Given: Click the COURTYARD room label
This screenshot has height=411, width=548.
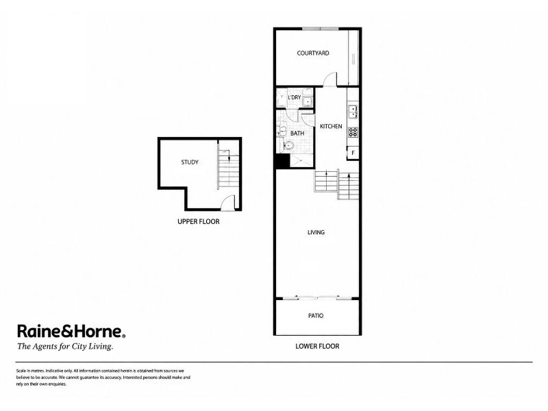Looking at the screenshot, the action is point(313,53).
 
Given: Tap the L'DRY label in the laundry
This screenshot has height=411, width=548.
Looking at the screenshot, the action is point(295,97).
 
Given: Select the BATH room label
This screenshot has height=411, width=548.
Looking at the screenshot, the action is point(297,133).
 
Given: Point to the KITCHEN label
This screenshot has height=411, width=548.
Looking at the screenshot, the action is point(331,126).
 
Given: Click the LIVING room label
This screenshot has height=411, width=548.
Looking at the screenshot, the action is point(316,232).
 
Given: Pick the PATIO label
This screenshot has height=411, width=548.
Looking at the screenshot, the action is point(316,316).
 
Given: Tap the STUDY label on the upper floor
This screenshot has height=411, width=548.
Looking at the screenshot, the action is point(190,162).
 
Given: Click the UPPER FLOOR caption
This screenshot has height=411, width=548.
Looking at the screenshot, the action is point(199,221).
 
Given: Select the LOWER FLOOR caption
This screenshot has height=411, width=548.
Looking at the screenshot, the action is point(317,347).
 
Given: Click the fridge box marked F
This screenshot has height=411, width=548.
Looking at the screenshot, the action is point(353,153).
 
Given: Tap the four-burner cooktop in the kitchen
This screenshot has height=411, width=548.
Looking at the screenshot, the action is point(353,132).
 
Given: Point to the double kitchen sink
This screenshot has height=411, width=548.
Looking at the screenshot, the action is point(353,112).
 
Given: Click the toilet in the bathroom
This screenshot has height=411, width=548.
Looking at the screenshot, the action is point(288,145).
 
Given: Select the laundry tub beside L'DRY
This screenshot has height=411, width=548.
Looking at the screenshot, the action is point(308,101).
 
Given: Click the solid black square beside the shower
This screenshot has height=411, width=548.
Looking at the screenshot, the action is point(283,162).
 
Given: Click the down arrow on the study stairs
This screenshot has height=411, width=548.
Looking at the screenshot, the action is point(229,155).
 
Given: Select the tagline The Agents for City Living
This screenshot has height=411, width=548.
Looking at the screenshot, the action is point(65,347).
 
